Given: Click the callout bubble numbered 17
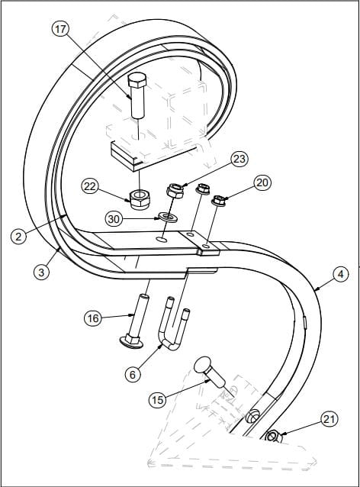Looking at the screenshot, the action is point(60,29).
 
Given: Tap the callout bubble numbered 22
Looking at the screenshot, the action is point(90,187).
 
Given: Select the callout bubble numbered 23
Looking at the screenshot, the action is point(239,159).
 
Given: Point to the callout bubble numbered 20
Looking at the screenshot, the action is point(262,182).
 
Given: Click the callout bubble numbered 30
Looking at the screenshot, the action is point(114,219).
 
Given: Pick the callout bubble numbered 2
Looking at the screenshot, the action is point(18,236).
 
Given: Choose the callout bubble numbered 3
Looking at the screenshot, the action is point(41,272).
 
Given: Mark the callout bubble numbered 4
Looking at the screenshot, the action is point(341,274).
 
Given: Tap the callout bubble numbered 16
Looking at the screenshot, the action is point(93,318).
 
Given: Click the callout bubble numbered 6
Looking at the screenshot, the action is point(133,375).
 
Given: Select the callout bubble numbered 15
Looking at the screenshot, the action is point(158,400).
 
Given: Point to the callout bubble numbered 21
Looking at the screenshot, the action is point(329,419).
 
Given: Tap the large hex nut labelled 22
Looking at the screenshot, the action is point(138,200).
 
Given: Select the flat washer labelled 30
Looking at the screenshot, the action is point(168,216).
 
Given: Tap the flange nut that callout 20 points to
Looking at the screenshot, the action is point(218,200).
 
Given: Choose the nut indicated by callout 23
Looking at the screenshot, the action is point(175,191).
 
